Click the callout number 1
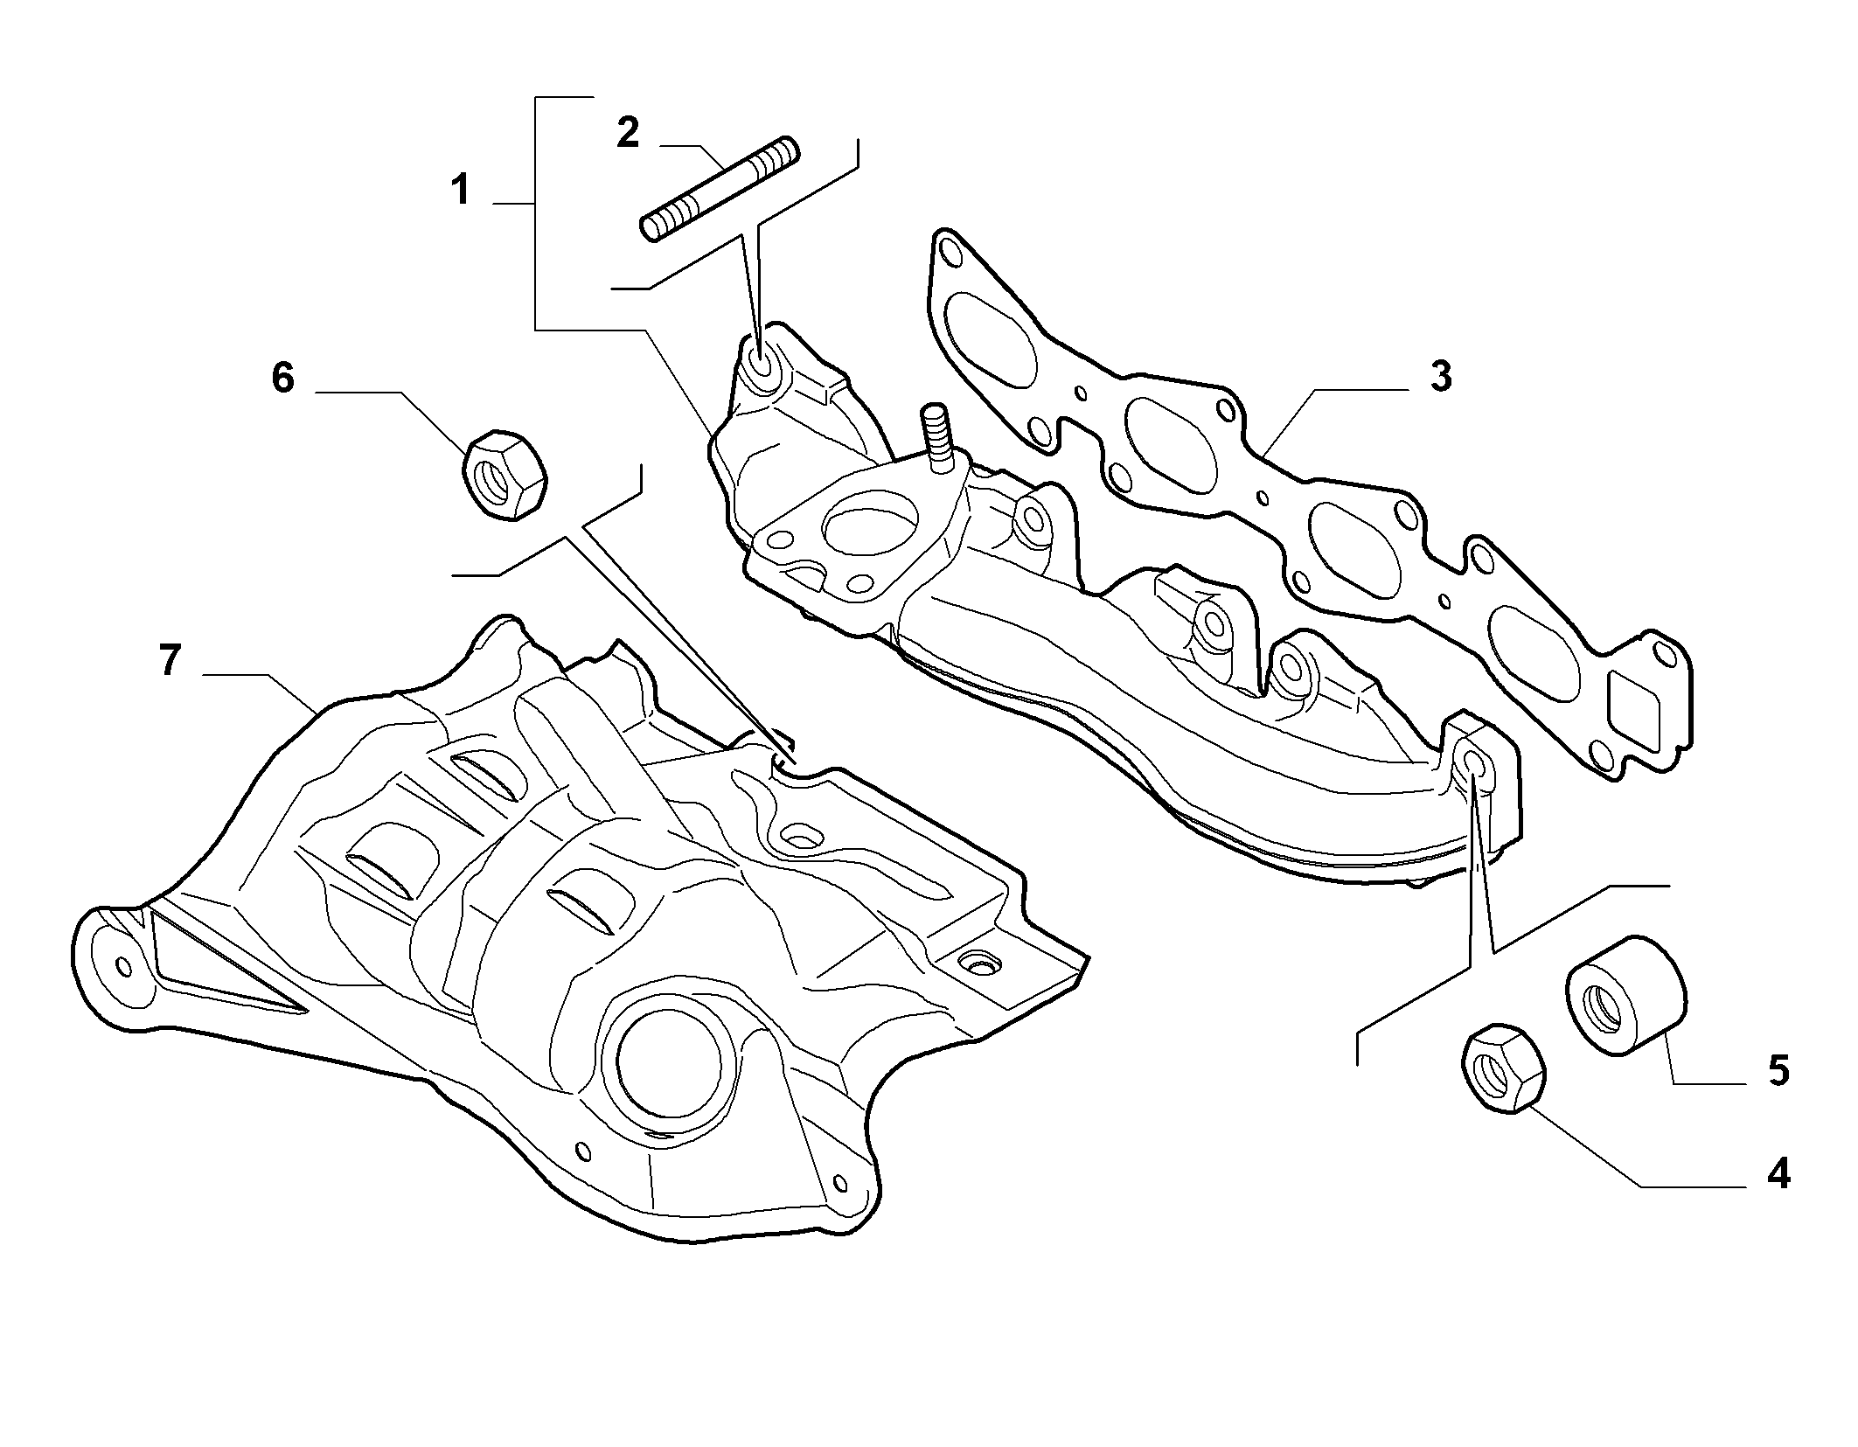[x=461, y=190]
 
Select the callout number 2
[x=628, y=132]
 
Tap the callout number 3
[x=1440, y=376]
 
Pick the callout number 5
[x=1778, y=1070]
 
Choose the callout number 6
[x=282, y=378]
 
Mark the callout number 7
[x=170, y=660]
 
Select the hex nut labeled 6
[x=505, y=476]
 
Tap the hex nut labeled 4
[x=1502, y=1068]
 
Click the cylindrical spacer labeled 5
[x=1625, y=996]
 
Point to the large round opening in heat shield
[x=669, y=1056]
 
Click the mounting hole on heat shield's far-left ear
[x=123, y=966]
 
